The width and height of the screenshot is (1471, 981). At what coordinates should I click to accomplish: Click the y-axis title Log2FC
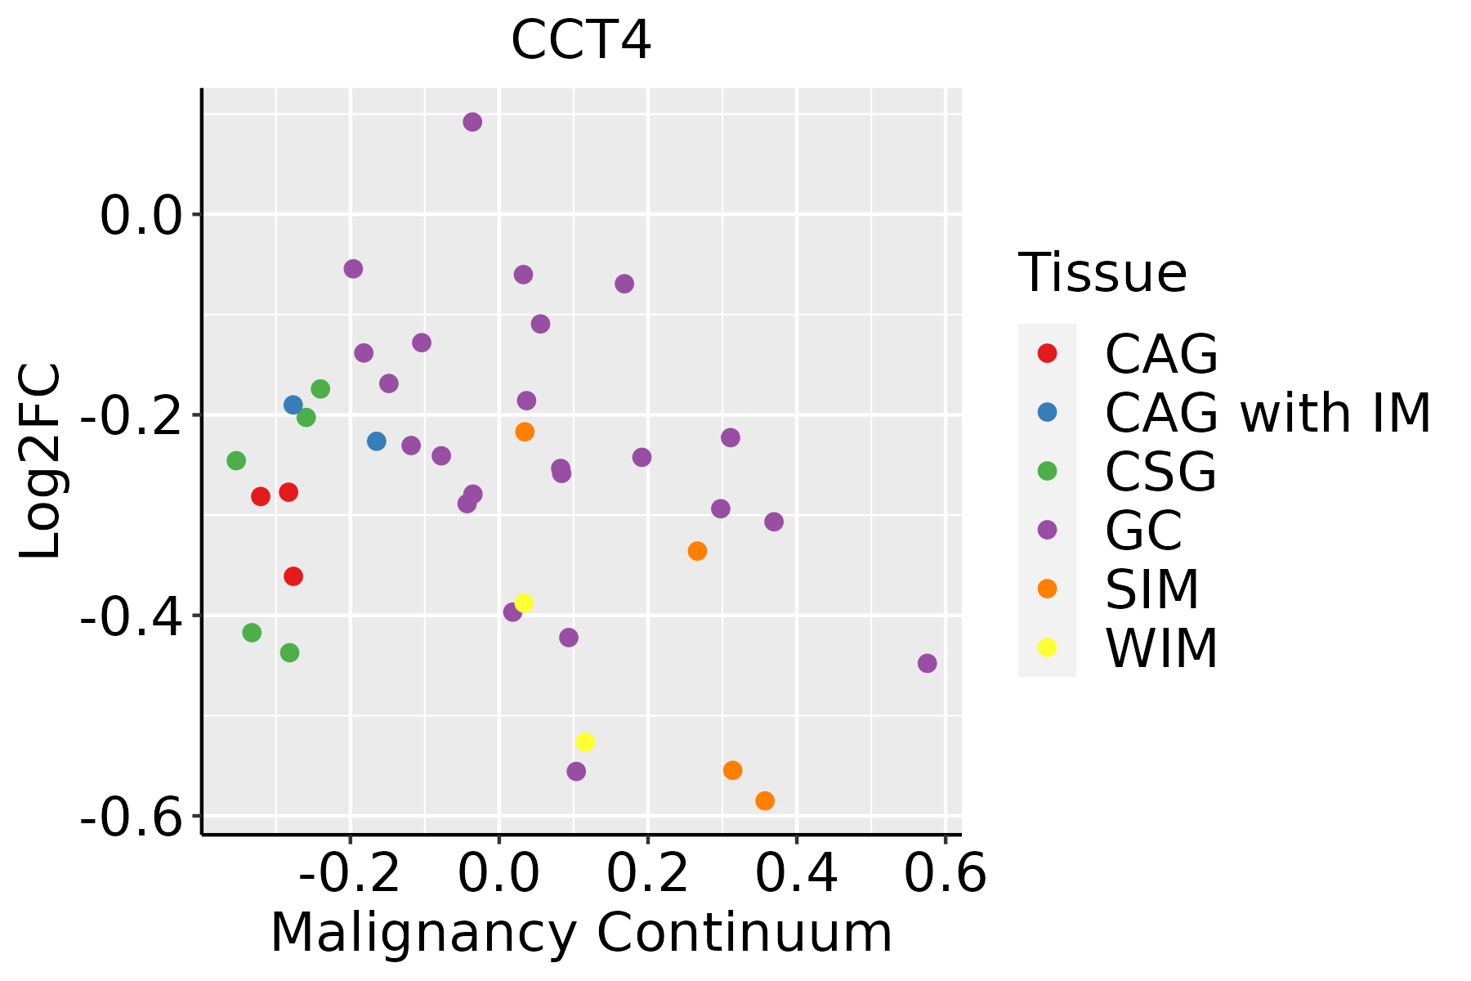click(41, 461)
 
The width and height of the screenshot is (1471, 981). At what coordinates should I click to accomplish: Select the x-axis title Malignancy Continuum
click(581, 933)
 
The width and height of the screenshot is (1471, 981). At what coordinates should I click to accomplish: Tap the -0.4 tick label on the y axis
click(128, 616)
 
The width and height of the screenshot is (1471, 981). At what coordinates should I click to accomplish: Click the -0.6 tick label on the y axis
click(128, 817)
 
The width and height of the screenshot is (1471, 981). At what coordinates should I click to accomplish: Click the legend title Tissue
click(1102, 273)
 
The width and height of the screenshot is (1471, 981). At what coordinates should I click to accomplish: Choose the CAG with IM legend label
click(1268, 413)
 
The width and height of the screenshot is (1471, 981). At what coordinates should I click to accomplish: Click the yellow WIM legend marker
click(1047, 647)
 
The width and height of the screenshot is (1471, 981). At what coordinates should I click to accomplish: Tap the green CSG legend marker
click(1047, 471)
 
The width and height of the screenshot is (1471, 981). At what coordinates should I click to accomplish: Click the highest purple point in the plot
click(472, 122)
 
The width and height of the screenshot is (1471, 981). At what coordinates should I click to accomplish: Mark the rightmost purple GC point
click(927, 663)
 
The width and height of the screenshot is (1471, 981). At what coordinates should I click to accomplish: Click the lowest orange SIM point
click(765, 800)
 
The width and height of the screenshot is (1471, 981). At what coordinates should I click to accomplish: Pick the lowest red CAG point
click(293, 576)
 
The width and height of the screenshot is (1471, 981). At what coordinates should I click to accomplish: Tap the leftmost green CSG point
click(236, 461)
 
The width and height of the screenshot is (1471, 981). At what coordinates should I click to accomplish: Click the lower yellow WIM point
click(585, 742)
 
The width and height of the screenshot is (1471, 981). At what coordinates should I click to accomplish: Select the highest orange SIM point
click(525, 432)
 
